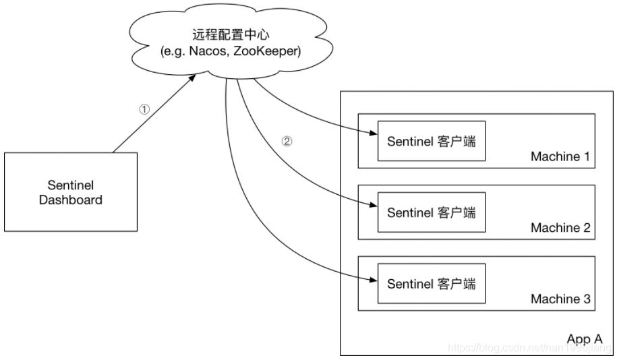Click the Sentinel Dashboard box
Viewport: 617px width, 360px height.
coord(70,192)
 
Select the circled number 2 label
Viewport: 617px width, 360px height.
coord(287,142)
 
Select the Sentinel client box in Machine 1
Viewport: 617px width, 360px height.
coord(431,142)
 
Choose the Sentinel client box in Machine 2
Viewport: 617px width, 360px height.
coord(431,212)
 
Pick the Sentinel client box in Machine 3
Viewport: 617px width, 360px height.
coord(431,283)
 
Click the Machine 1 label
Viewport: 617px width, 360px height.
coord(560,157)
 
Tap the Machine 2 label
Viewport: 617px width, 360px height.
coord(560,228)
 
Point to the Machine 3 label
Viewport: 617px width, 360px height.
coord(560,299)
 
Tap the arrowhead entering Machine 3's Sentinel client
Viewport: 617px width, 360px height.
coord(372,278)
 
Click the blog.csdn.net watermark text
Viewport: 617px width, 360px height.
coord(529,348)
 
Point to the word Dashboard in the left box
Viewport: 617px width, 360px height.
coord(70,200)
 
